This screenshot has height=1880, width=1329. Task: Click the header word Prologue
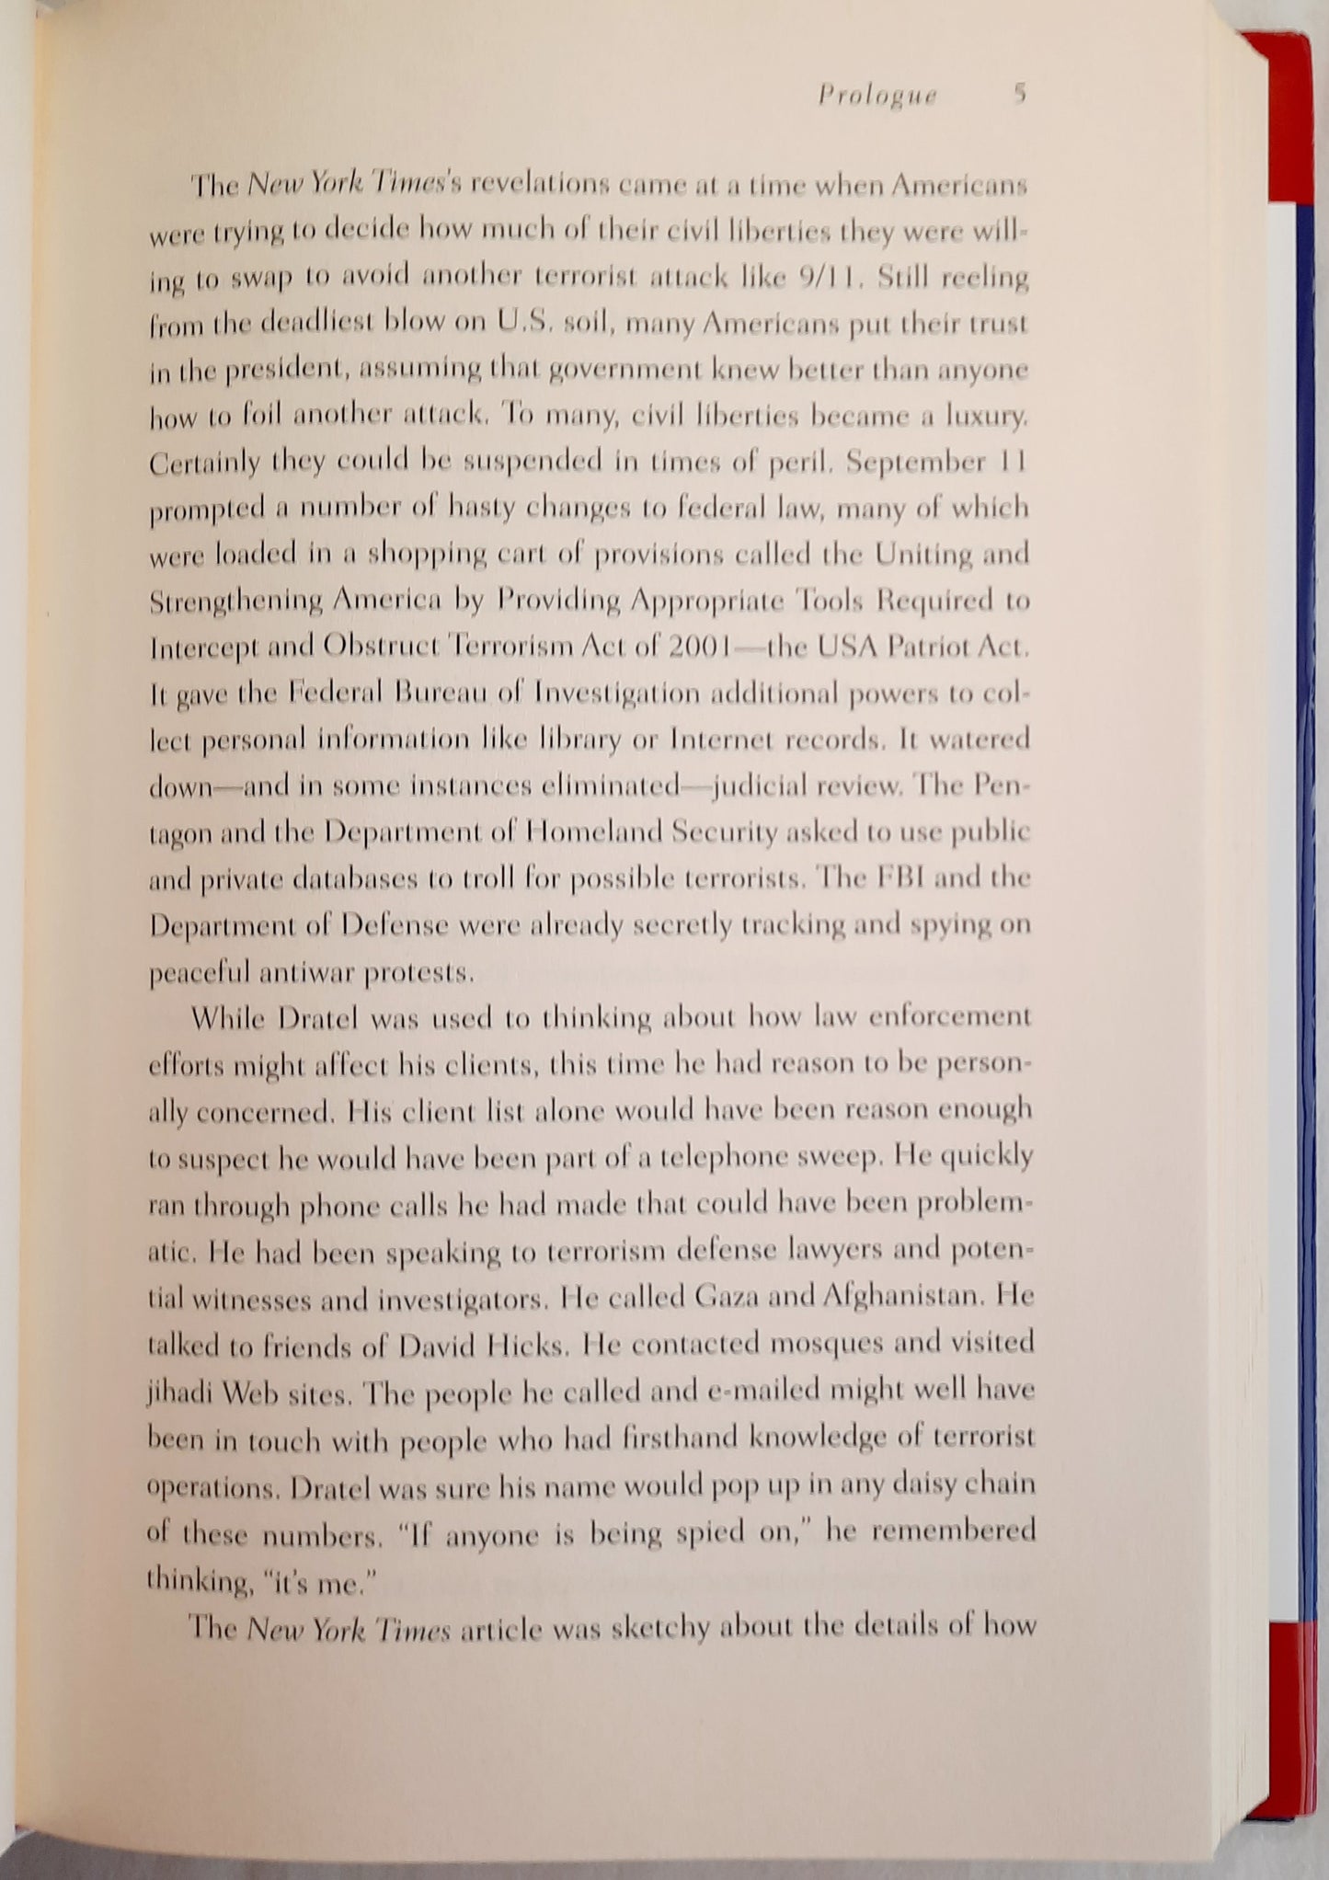pyautogui.click(x=876, y=96)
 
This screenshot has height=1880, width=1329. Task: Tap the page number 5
pyautogui.click(x=1019, y=93)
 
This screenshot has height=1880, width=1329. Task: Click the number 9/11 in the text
pyautogui.click(x=828, y=277)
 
